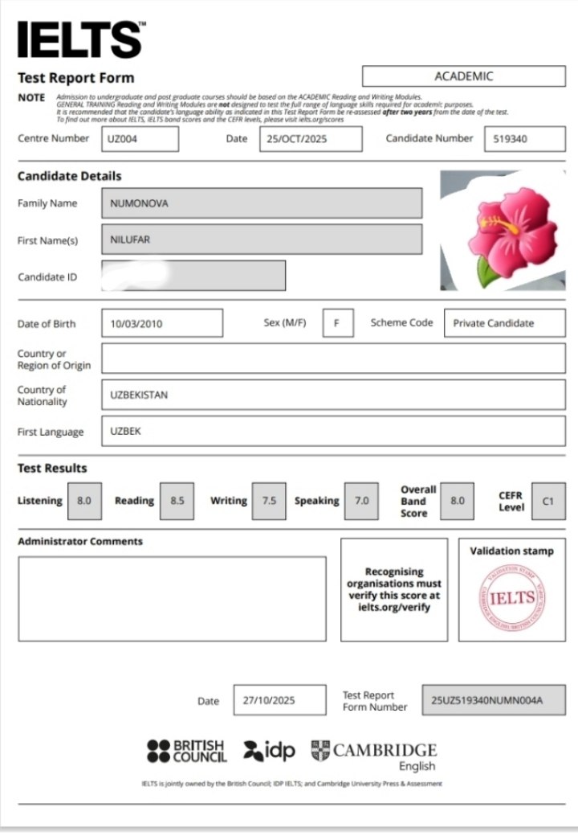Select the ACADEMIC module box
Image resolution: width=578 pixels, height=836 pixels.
click(463, 76)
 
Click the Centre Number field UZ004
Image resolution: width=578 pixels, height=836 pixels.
click(140, 139)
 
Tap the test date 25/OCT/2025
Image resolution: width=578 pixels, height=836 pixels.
click(311, 139)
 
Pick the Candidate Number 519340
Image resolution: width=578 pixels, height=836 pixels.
click(524, 139)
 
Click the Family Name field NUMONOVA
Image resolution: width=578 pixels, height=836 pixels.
click(262, 203)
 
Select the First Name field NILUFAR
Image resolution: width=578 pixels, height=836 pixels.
click(262, 240)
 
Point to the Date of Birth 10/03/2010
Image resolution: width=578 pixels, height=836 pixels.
click(162, 323)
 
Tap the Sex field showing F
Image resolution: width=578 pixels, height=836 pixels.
click(338, 323)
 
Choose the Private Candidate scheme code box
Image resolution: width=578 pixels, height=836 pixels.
click(503, 323)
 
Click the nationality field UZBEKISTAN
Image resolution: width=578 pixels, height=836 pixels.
click(333, 395)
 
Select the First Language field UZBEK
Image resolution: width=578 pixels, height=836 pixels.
click(333, 432)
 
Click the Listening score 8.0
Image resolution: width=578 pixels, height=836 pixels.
click(84, 500)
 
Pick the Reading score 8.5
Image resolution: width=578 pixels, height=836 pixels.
click(177, 500)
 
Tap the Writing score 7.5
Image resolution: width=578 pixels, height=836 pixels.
click(269, 500)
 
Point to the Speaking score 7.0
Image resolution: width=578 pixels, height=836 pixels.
click(361, 500)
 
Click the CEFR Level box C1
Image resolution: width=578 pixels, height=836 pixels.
click(548, 501)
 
